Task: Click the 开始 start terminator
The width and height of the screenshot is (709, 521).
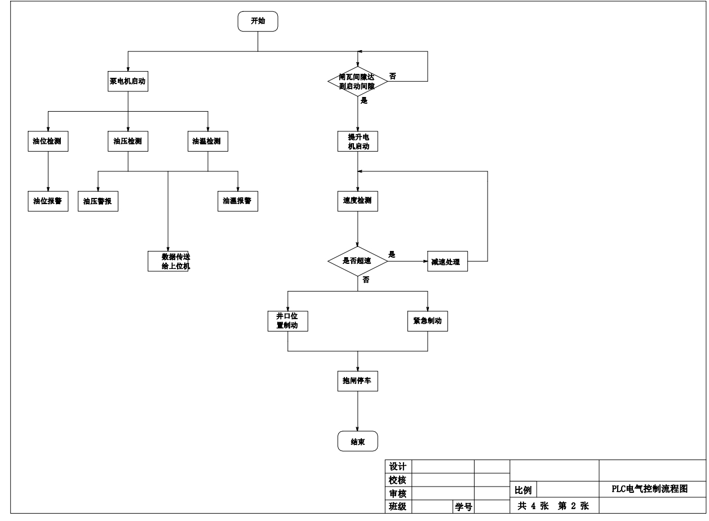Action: (x=258, y=21)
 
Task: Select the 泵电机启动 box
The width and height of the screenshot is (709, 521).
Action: (x=128, y=81)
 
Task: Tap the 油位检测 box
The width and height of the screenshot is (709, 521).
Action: (x=48, y=142)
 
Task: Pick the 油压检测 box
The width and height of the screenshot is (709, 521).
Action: (x=128, y=142)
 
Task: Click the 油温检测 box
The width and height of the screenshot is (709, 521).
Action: (x=208, y=142)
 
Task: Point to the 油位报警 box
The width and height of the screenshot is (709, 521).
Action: (x=48, y=201)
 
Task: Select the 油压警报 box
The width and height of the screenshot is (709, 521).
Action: (x=98, y=201)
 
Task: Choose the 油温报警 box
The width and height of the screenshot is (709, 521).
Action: (x=238, y=201)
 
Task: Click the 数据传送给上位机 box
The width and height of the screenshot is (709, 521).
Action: (x=168, y=261)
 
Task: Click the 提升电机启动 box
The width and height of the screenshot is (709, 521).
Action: (x=357, y=142)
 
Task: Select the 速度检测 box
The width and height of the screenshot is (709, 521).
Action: (x=357, y=201)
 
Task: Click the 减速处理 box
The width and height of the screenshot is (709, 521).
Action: (x=447, y=262)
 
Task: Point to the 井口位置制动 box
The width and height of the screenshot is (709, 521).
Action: (x=287, y=321)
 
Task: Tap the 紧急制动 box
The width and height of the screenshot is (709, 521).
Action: (x=427, y=321)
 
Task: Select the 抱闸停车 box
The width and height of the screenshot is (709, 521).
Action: (x=357, y=381)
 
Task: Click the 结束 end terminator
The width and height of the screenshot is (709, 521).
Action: (x=357, y=441)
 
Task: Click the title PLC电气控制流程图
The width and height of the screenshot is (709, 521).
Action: (x=650, y=489)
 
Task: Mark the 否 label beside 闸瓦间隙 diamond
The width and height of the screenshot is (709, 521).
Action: (x=392, y=76)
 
